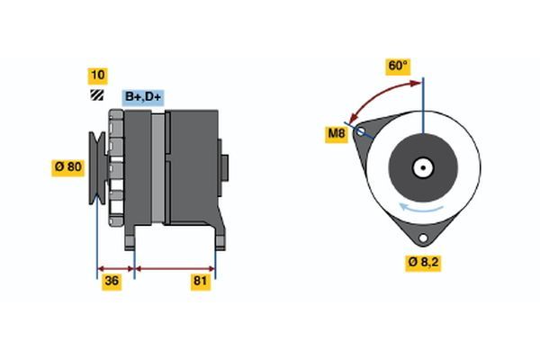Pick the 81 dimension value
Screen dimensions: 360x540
click(x=202, y=282)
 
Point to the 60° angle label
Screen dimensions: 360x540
click(x=398, y=66)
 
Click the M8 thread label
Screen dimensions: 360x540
click(x=337, y=134)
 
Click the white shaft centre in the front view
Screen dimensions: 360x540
click(x=421, y=166)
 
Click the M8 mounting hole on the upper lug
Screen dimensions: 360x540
click(x=362, y=132)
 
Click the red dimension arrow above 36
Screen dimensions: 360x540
click(x=115, y=267)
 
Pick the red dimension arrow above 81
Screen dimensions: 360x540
click(x=175, y=267)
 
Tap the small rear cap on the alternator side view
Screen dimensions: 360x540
click(x=225, y=168)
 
